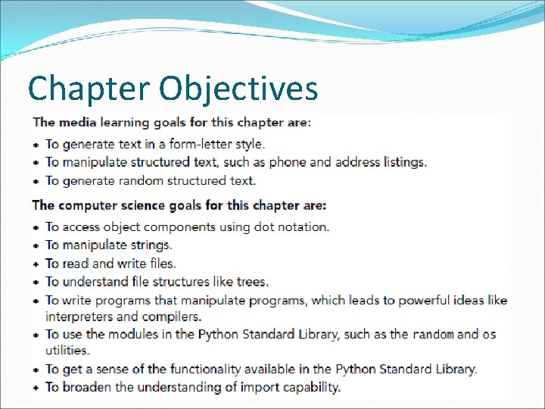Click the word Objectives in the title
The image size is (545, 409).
[x=238, y=89]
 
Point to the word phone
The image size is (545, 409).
[x=288, y=162]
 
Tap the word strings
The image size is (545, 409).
[x=151, y=245]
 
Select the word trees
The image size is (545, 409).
[x=251, y=282]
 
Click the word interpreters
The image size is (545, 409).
[x=79, y=317]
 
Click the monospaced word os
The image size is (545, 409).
[x=489, y=335]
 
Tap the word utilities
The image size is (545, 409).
[x=67, y=351]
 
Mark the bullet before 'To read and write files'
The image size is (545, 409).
[x=37, y=264]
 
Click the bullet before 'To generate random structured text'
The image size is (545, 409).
[x=37, y=181]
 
